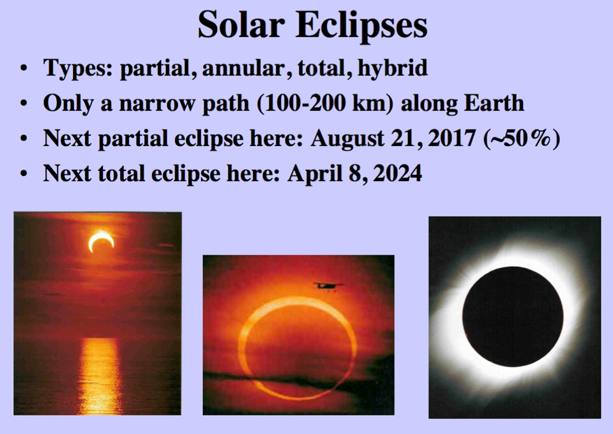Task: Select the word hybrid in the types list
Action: [393, 68]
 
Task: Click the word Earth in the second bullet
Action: [495, 103]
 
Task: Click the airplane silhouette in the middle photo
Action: [328, 285]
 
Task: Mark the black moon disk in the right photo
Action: [513, 317]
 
